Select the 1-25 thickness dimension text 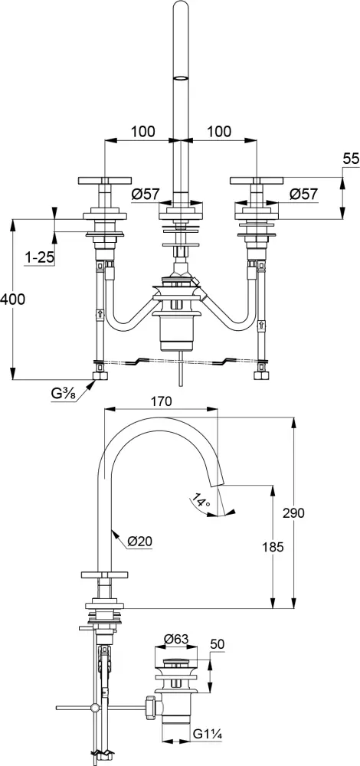click(38, 257)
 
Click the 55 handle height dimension click(352, 159)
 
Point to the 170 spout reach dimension click(161, 401)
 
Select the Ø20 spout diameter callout click(139, 541)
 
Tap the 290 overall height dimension click(293, 512)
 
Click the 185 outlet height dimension click(272, 547)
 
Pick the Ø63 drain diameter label click(176, 640)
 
